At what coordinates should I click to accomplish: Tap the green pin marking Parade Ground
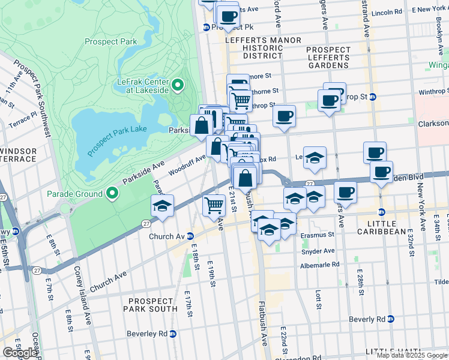click(112, 193)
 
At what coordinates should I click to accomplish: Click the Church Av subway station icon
click(190, 236)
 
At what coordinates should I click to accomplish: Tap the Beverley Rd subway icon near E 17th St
click(173, 334)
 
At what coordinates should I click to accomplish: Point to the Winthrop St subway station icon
click(372, 97)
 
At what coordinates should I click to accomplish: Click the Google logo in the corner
click(20, 353)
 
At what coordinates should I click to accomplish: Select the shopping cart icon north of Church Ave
click(214, 205)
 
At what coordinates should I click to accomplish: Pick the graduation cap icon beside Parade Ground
click(162, 206)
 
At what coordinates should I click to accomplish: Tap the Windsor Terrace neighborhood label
click(18, 154)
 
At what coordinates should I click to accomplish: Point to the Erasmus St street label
click(318, 235)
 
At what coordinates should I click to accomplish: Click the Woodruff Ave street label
click(187, 165)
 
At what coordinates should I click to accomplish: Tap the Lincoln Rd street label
click(387, 12)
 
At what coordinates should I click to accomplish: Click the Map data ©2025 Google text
click(411, 355)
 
